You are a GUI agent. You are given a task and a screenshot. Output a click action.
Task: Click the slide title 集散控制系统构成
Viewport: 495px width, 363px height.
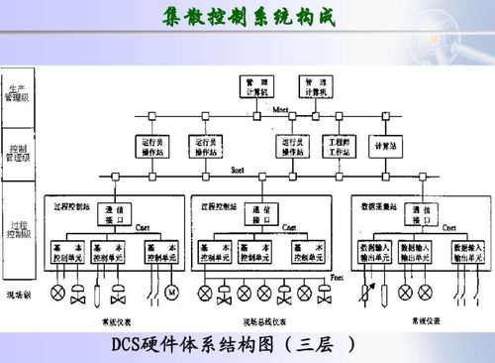[x=247, y=17]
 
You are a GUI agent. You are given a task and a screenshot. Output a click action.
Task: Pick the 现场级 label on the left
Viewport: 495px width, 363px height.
[x=20, y=295]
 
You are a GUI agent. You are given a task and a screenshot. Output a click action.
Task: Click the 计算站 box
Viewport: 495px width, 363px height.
[x=385, y=145]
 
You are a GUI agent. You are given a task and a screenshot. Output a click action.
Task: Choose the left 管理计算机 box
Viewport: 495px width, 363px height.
[x=257, y=87]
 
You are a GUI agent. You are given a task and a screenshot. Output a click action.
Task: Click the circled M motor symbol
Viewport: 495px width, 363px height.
[x=170, y=293]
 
